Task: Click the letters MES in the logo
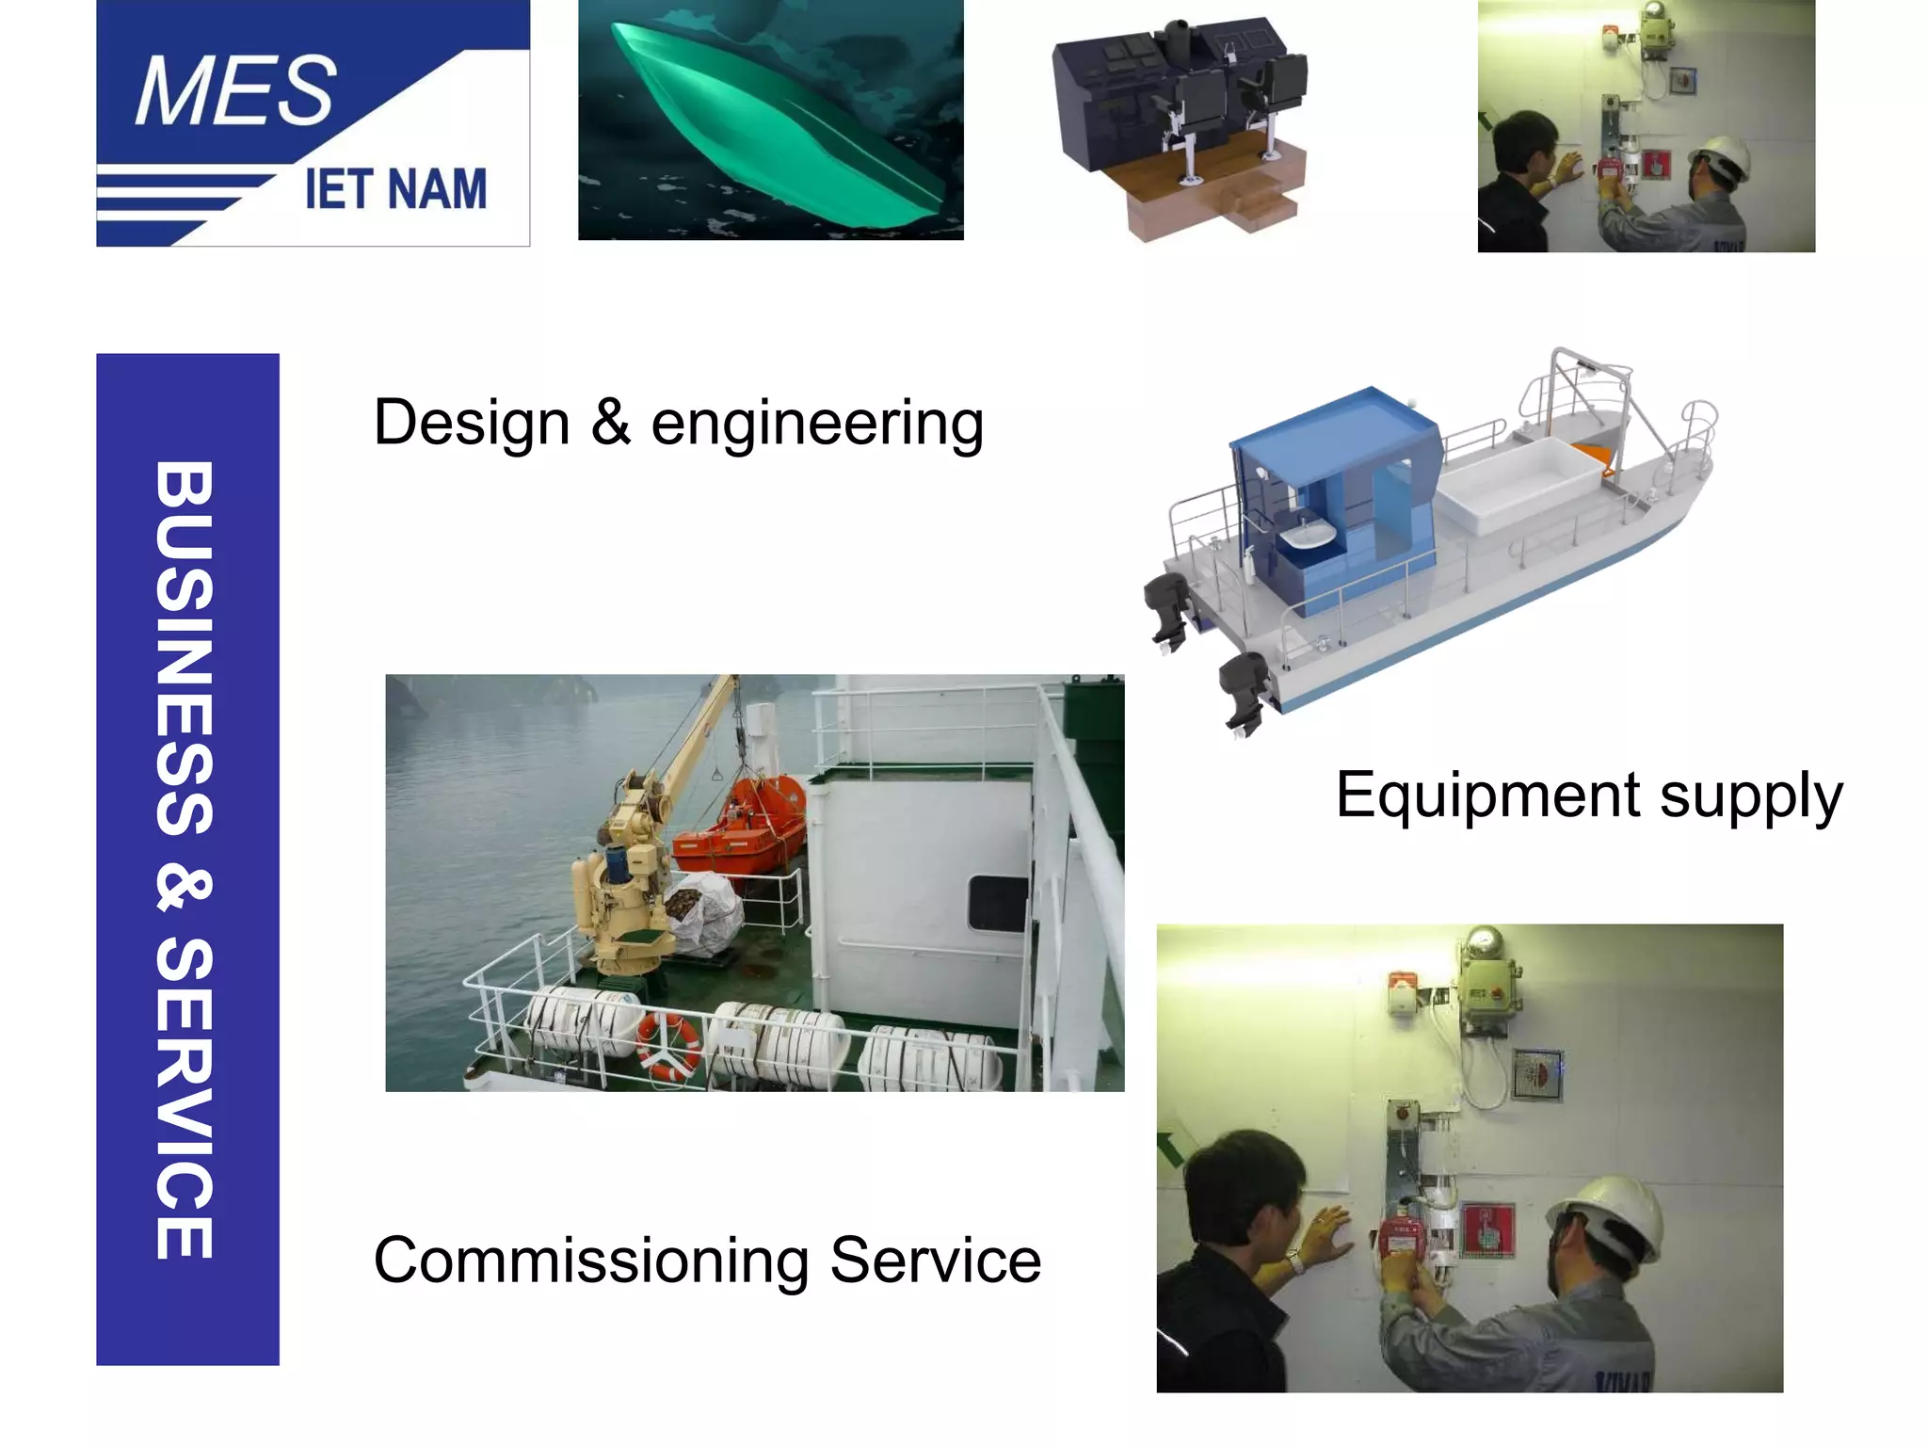tap(235, 91)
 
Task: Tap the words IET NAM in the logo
tap(395, 189)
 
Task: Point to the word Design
tap(472, 423)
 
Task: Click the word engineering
tap(817, 423)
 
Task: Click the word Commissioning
tap(591, 1261)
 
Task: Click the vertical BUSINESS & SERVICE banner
tap(187, 859)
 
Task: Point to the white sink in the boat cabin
tap(1309, 536)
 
